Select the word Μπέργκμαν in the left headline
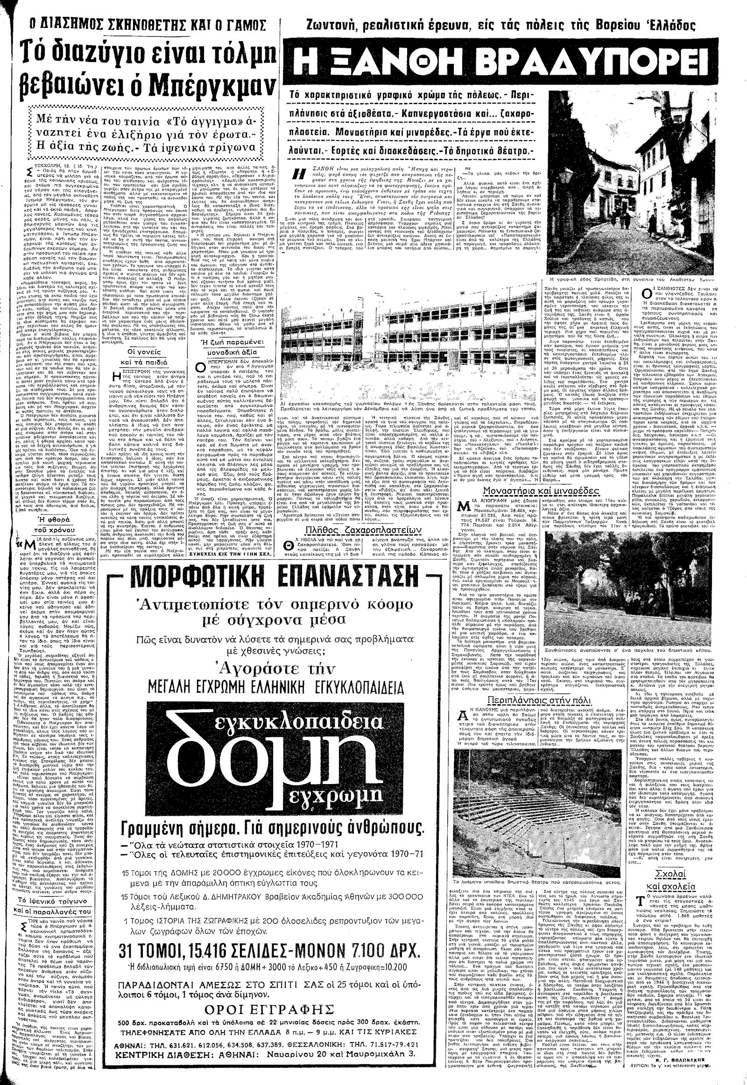tap(212, 85)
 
